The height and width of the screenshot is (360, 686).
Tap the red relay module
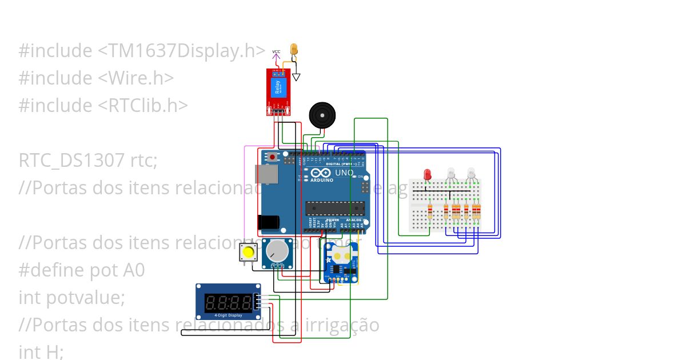pyautogui.click(x=278, y=91)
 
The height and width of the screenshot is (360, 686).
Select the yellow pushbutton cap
pyautogui.click(x=249, y=252)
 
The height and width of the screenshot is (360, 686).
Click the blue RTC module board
pyautogui.click(x=341, y=263)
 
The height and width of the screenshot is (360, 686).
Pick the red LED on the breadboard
pyautogui.click(x=426, y=174)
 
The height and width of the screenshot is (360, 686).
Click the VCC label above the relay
pyautogui.click(x=276, y=52)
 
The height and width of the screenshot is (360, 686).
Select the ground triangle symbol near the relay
pyautogui.click(x=296, y=77)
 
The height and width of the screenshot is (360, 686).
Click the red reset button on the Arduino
pyautogui.click(x=273, y=157)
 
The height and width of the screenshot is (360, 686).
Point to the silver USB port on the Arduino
pyautogui.click(x=268, y=175)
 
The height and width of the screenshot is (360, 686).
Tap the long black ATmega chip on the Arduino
pyautogui.click(x=334, y=209)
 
